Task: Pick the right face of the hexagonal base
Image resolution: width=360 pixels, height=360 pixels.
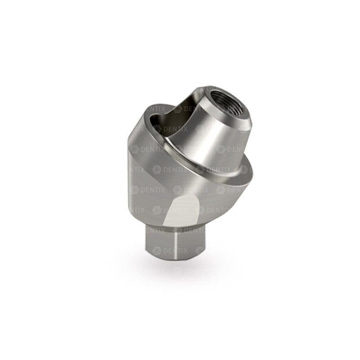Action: pyautogui.click(x=190, y=243)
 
